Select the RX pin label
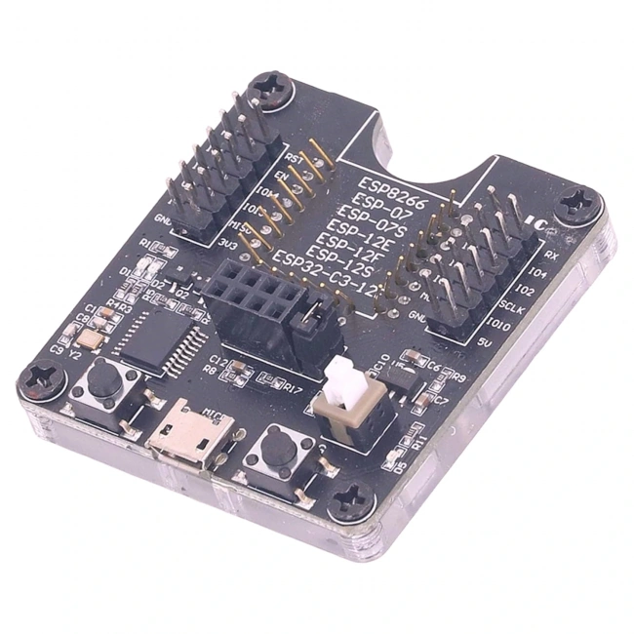click(550, 256)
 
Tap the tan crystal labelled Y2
click(90, 338)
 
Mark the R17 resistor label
click(292, 387)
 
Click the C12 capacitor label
click(218, 362)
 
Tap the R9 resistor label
click(458, 376)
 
